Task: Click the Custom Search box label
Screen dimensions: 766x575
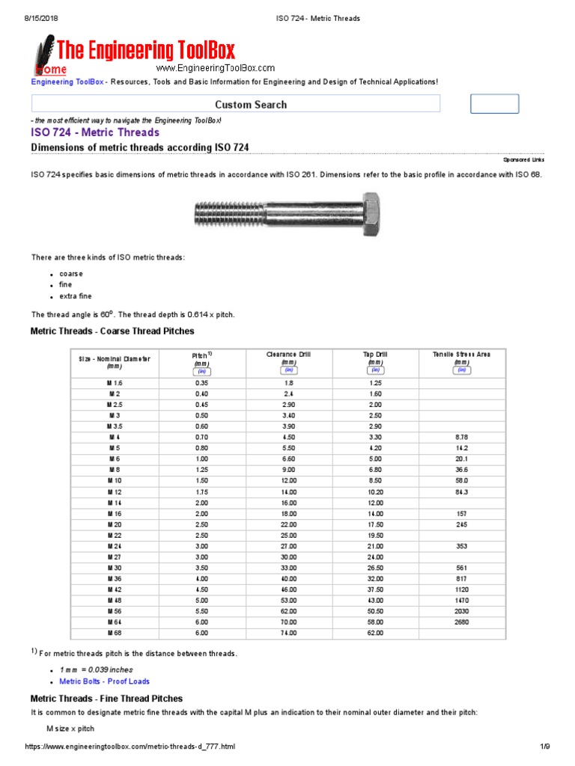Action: point(251,105)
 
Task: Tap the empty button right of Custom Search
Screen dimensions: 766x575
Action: point(494,104)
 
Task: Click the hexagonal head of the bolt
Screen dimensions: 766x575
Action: point(371,215)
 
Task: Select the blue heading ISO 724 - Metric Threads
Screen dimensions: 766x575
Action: point(95,132)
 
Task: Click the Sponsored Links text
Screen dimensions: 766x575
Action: point(523,160)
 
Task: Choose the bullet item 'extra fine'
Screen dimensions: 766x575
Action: point(76,296)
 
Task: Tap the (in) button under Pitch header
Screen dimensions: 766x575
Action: point(200,371)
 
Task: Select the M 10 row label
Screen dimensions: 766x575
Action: point(114,480)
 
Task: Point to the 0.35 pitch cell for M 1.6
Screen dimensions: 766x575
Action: point(200,382)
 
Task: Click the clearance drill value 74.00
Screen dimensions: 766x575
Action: point(288,633)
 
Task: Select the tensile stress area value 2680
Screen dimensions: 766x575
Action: point(461,622)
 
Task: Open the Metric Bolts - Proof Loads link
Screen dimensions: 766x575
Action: point(104,681)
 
